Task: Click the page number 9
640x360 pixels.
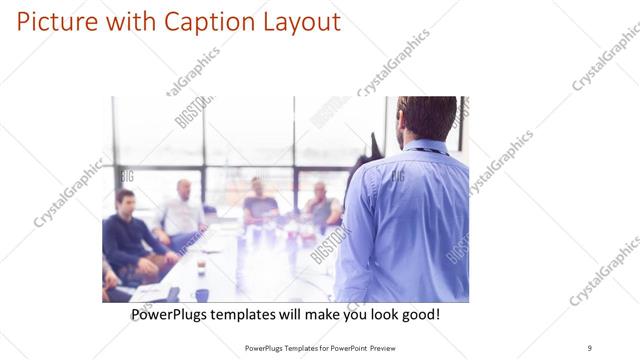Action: [589, 347]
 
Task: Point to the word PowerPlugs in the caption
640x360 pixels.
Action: [171, 315]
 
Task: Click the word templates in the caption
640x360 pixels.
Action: [251, 315]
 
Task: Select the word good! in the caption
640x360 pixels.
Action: [417, 315]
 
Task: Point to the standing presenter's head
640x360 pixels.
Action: [427, 117]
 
